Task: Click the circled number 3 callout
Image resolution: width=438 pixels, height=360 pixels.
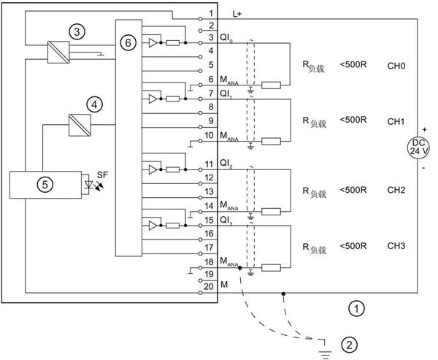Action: (x=76, y=31)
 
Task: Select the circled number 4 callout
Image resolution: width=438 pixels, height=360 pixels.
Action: (x=95, y=105)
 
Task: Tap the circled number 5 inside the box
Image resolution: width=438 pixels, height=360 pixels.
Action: (x=45, y=185)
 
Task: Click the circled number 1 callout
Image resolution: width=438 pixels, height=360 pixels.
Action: (x=356, y=309)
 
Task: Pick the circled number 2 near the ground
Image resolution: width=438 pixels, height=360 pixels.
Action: (x=350, y=344)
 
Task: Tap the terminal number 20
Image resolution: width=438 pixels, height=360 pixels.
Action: (x=211, y=286)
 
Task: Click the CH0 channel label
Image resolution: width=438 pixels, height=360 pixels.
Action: (x=396, y=66)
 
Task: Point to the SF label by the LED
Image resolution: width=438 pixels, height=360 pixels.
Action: (x=103, y=176)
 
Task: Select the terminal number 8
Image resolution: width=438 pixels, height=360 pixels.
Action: (x=210, y=107)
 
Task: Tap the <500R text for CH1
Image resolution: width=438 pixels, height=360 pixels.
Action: (x=353, y=119)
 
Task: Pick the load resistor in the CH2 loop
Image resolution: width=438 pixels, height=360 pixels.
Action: (x=272, y=212)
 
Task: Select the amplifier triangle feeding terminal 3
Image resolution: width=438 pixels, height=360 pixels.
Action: (x=150, y=43)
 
